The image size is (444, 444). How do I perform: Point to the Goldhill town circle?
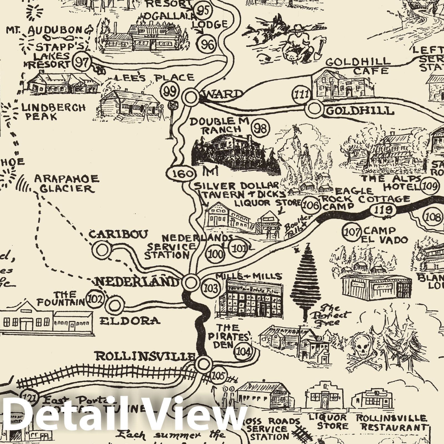[x=314, y=109]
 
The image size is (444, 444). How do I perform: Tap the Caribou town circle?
[x=102, y=249]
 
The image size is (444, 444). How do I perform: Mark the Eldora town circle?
[x=114, y=306]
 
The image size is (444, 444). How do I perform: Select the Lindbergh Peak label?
[x=53, y=111]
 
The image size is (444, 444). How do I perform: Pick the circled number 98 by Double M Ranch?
[x=260, y=128]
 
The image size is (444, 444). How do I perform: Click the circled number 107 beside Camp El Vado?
[x=352, y=232]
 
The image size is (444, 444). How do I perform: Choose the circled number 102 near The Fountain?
[x=96, y=299]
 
